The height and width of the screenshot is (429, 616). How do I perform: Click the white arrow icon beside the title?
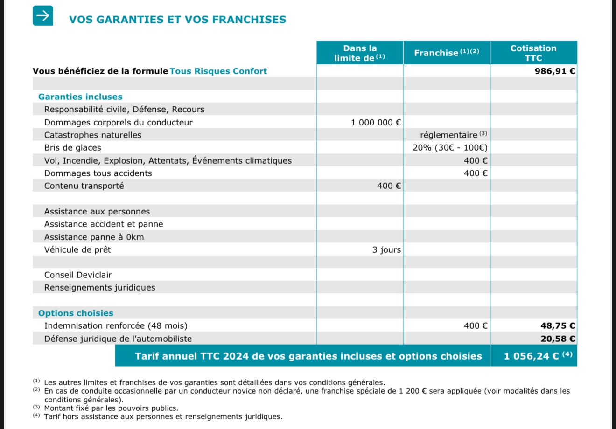42,15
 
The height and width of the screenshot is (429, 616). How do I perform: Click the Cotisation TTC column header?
533,53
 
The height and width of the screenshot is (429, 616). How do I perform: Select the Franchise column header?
446,53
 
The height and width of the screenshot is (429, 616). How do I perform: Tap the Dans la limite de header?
360,53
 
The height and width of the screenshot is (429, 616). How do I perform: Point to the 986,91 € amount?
555,71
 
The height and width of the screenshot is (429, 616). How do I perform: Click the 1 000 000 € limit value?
376,123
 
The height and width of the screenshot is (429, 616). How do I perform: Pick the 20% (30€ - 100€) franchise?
450,148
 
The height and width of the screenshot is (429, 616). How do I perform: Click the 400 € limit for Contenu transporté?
389,186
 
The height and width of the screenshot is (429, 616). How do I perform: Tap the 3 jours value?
386,250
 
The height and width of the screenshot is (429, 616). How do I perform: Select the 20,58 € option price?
557,339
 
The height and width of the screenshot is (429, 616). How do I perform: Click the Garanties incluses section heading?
80,97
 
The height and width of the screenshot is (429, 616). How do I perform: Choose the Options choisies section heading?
76,313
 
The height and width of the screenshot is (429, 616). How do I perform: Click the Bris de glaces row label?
72,148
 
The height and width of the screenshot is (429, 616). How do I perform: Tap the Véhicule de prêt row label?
77,250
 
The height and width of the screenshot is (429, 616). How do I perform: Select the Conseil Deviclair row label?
78,275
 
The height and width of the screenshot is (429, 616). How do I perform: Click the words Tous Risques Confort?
218,71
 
